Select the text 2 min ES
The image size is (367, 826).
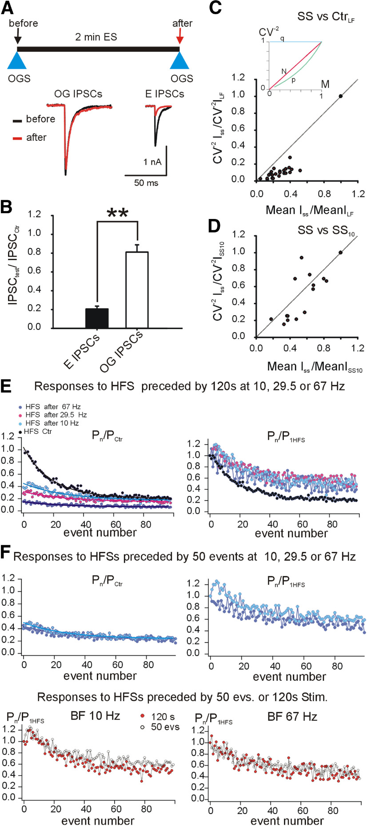[x=96, y=37]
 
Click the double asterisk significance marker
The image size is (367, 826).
[x=118, y=213]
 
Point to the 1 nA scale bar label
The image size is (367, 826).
[x=152, y=162]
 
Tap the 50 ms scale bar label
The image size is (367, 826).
[x=146, y=183]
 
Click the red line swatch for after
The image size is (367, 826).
[x=17, y=138]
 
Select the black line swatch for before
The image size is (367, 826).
[x=17, y=120]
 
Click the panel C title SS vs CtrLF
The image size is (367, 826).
[x=326, y=18]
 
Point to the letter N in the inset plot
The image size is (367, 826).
[x=283, y=71]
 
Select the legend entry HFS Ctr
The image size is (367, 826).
[x=39, y=431]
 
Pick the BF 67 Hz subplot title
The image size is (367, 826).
[x=292, y=716]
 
